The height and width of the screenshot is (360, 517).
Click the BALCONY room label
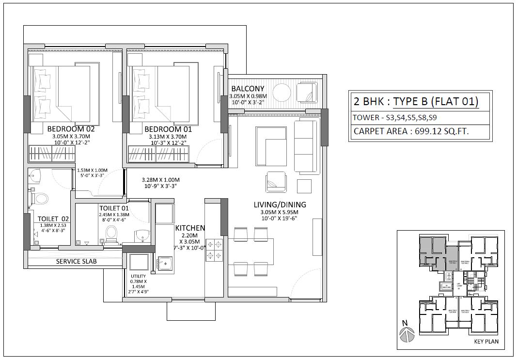pos(248,89)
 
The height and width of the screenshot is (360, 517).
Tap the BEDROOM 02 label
pos(71,129)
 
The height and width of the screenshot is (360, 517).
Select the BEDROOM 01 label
pos(168,129)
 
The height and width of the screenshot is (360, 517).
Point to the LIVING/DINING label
pos(280,204)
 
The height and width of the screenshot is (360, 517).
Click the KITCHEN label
pos(190,228)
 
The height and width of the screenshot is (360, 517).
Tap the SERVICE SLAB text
pos(77,261)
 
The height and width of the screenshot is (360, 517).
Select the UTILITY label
pos(139,277)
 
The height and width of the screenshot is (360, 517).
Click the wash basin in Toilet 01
pos(141,236)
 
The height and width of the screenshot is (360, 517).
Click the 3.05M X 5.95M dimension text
pos(280,212)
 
